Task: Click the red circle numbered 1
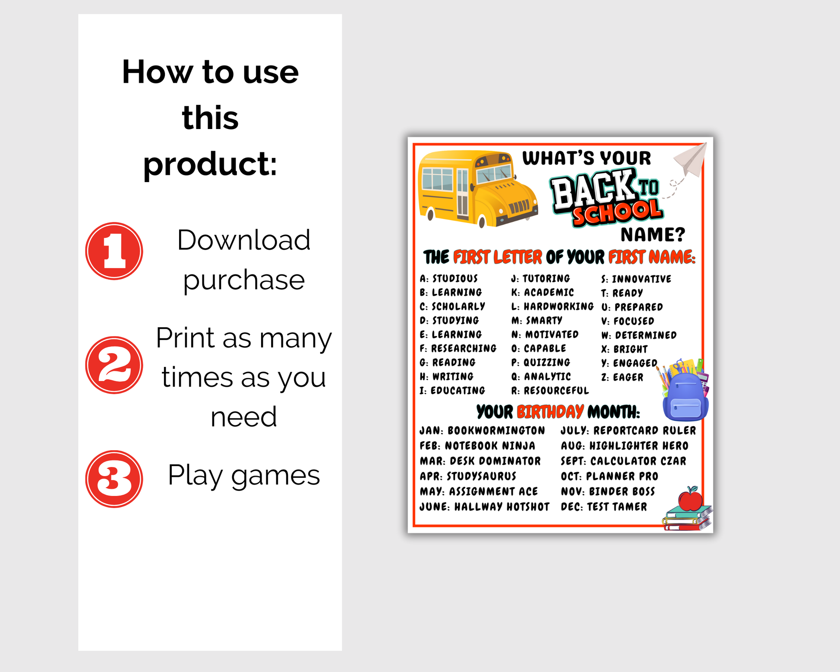tap(114, 251)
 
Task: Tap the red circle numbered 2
tap(114, 365)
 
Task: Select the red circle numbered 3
tap(114, 479)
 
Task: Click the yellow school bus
tap(478, 188)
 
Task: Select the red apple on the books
tap(690, 499)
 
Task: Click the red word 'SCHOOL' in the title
tap(617, 212)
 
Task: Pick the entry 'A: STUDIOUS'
tap(449, 278)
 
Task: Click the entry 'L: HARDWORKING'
tap(553, 306)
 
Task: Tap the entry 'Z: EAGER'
tap(622, 377)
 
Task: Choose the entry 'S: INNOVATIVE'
tap(636, 279)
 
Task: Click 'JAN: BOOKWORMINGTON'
tap(482, 431)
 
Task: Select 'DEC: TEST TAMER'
tap(604, 507)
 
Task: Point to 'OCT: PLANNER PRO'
tap(609, 476)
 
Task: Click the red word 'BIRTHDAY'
tap(550, 412)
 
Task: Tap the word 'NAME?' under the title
tap(653, 235)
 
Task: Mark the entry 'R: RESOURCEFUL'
tap(550, 391)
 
